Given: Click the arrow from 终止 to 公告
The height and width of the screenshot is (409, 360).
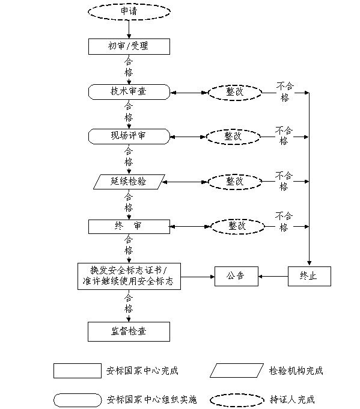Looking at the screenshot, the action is [x=273, y=277].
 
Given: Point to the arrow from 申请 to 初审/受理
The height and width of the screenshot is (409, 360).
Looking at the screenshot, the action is [x=129, y=29].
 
